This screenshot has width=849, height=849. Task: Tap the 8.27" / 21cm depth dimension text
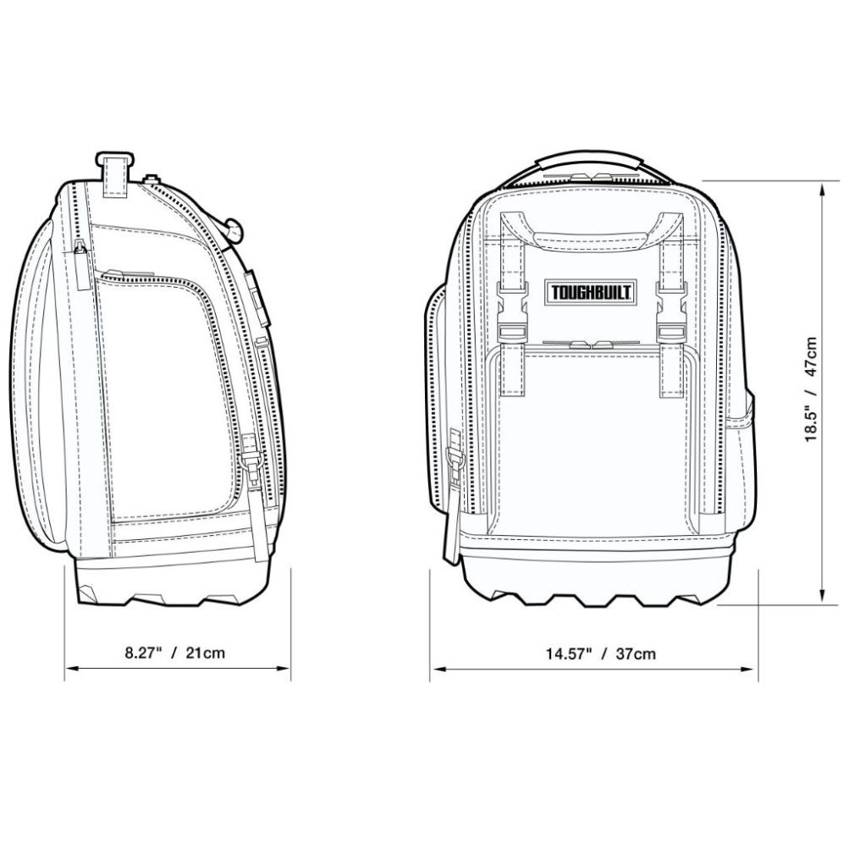(x=175, y=652)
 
